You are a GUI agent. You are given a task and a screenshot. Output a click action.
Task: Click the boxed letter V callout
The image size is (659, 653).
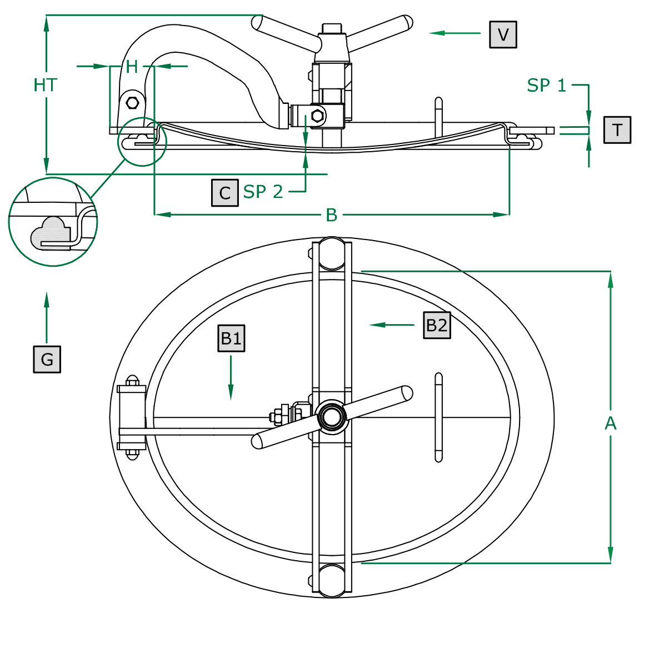click(x=503, y=34)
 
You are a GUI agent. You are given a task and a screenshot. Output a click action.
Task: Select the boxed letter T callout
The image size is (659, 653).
click(x=617, y=130)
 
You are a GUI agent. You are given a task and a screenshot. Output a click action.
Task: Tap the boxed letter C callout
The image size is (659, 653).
click(x=224, y=193)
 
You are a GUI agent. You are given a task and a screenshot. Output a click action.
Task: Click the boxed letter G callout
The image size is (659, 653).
click(x=47, y=359)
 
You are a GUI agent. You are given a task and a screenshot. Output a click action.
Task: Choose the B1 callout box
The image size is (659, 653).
click(x=231, y=338)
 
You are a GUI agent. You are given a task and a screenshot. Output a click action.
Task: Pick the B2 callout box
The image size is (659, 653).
click(x=437, y=325)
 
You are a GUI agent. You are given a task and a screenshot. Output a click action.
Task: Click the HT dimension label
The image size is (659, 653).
click(x=45, y=85)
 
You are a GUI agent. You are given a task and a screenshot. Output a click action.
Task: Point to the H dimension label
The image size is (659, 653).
click(x=132, y=67)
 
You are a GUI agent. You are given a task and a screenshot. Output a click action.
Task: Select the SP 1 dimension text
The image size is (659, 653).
click(x=546, y=86)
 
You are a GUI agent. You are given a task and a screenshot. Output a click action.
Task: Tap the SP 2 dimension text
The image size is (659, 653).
click(x=263, y=192)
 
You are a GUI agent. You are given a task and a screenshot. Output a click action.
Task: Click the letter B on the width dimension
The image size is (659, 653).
click(x=331, y=215)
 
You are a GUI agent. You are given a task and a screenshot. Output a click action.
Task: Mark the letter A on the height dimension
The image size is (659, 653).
click(x=610, y=423)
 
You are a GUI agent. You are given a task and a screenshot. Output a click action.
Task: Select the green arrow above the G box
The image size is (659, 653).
click(x=47, y=317)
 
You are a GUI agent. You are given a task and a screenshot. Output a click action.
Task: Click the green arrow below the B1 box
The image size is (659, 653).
click(x=231, y=378)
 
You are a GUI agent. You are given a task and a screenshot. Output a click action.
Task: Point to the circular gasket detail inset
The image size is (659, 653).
click(x=53, y=222)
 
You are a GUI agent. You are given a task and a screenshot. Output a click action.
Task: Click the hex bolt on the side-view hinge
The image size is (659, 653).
click(x=133, y=103)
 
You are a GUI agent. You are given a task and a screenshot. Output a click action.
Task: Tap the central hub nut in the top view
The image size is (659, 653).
click(x=332, y=417)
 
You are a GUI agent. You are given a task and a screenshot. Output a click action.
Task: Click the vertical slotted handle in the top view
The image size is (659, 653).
click(x=438, y=417)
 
